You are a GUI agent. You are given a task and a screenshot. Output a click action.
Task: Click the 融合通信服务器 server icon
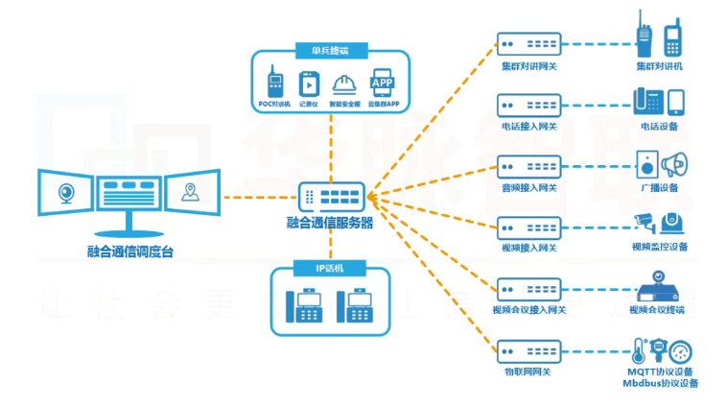330,198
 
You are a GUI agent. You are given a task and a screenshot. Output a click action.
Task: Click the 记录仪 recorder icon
308,84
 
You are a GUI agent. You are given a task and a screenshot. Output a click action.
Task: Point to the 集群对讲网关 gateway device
528,44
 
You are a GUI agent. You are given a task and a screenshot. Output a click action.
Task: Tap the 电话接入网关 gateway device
528,104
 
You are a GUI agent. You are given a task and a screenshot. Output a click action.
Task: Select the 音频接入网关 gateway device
528,165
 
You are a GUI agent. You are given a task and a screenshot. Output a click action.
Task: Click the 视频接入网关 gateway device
528,227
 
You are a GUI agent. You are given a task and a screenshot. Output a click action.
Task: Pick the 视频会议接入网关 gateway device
528,288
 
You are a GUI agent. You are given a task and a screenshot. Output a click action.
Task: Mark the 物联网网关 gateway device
528,348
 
